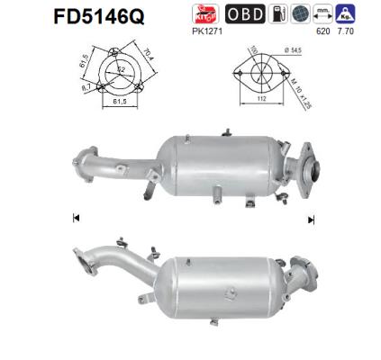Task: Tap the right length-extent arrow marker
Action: (311, 219)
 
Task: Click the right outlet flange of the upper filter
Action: (312, 170)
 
